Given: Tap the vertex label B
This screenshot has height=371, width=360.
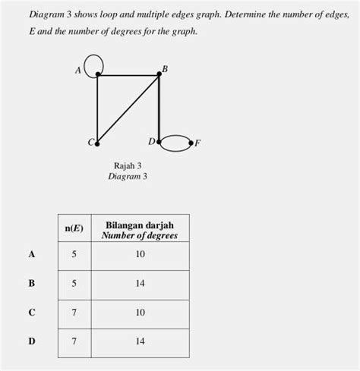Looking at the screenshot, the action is click(x=165, y=69).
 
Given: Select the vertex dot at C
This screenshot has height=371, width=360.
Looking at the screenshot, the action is click(x=97, y=142).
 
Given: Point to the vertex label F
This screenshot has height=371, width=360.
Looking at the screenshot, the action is click(x=197, y=143).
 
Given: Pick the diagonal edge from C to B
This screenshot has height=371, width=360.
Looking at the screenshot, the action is click(x=128, y=108).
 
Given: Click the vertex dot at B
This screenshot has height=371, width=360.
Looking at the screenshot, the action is click(x=159, y=74).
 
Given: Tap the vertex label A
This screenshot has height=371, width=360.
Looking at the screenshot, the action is click(x=77, y=71).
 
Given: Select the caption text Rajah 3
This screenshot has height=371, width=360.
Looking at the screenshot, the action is click(x=128, y=165).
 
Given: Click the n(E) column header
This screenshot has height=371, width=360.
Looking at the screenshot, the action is click(x=74, y=228).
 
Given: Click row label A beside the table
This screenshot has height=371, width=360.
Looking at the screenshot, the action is click(x=31, y=254).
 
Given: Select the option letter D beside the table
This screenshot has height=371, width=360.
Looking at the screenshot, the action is click(x=31, y=341).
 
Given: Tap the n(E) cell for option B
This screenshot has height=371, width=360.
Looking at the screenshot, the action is click(x=74, y=283).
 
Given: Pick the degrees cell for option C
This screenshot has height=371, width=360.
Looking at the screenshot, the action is click(x=140, y=312).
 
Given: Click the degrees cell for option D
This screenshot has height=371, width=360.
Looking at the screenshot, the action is click(x=140, y=341).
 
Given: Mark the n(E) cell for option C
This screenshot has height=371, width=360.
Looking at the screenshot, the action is click(x=74, y=312).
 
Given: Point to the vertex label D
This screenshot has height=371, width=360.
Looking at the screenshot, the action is click(x=150, y=141).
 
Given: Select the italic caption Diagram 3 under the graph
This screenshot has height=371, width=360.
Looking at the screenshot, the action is click(x=128, y=176).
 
